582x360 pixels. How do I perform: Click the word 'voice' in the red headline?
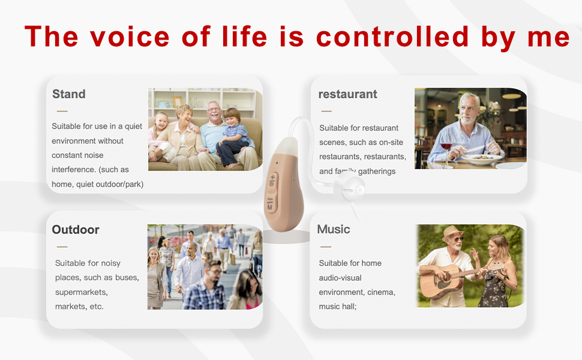tap(130, 37)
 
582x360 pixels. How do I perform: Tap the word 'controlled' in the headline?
tap(392, 36)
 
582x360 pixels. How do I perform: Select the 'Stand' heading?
tap(68, 94)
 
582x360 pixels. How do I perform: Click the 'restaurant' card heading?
tap(348, 94)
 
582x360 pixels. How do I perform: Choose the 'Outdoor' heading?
tap(76, 229)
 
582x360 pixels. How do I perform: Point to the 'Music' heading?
tap(334, 229)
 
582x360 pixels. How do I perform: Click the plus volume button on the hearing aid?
tap(272, 181)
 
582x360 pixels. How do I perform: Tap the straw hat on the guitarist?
tap(452, 233)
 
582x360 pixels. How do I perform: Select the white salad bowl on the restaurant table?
tap(482, 159)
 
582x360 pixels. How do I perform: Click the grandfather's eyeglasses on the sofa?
tap(214, 109)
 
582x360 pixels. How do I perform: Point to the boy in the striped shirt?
tap(233, 137)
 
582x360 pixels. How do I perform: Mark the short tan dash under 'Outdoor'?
tap(62, 247)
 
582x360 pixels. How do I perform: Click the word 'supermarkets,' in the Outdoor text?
tap(81, 292)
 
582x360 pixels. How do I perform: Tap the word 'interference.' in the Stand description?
tap(74, 170)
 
